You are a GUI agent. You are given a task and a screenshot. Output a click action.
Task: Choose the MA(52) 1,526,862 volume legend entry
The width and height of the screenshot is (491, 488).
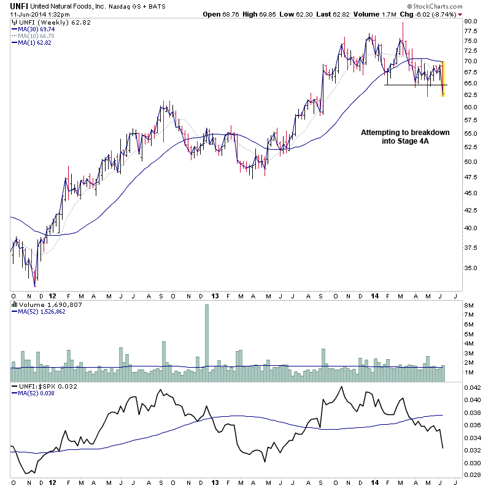point(40,311)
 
